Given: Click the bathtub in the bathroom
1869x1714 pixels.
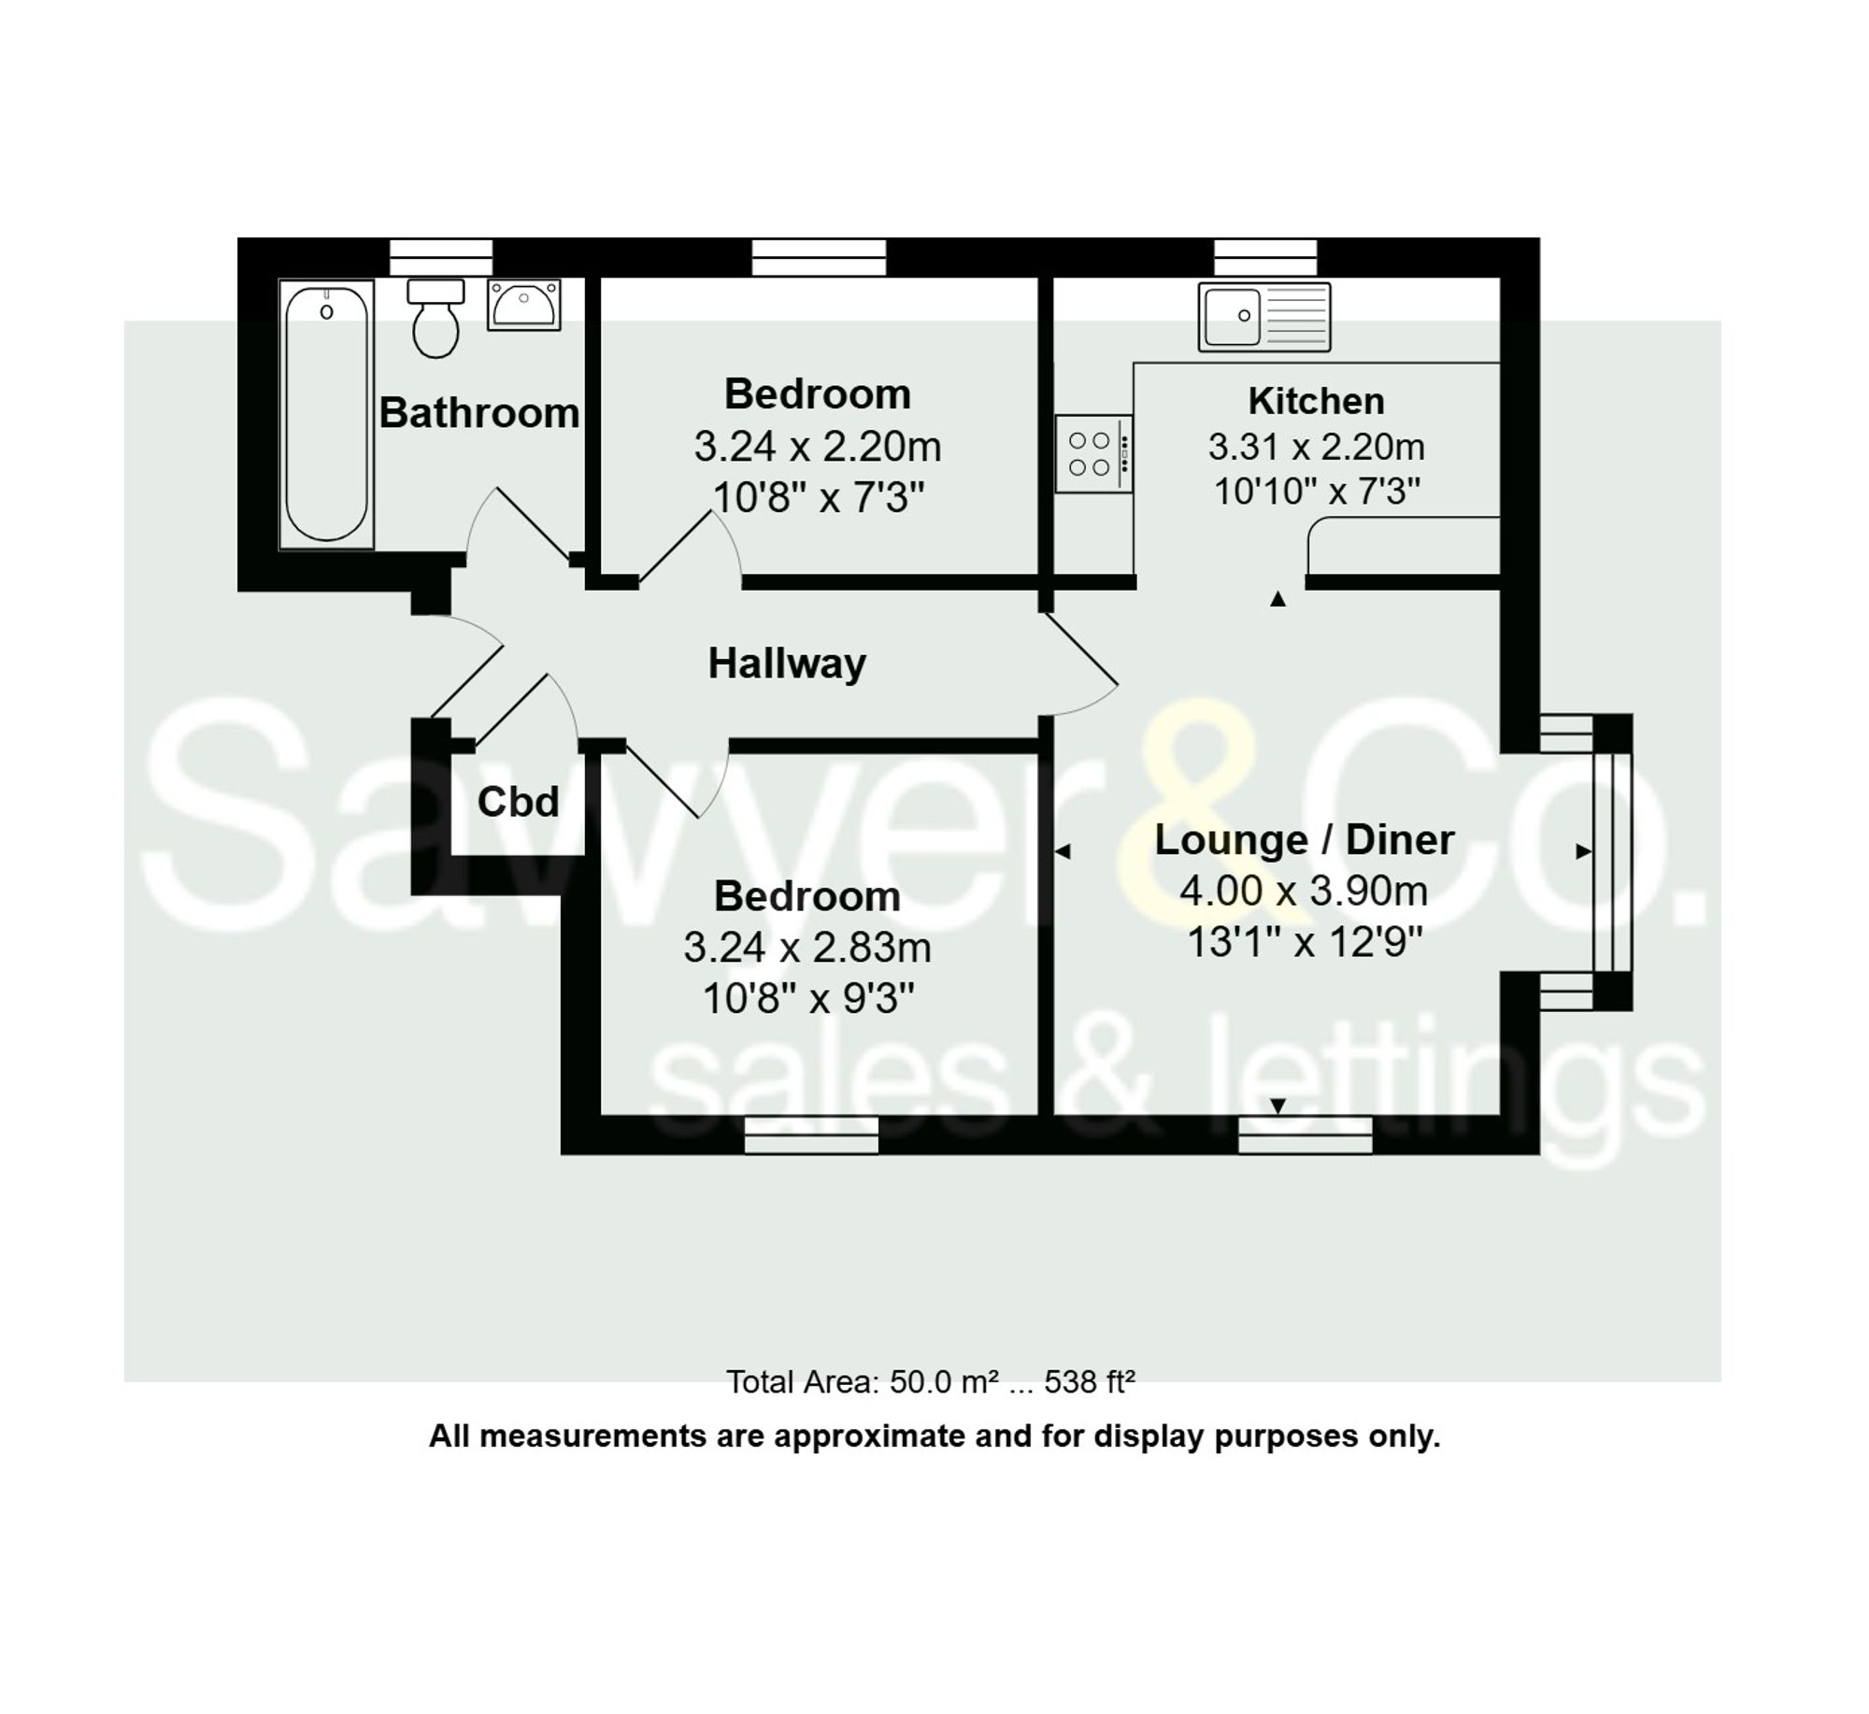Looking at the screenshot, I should [326, 414].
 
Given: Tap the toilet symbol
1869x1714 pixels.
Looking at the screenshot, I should [435, 318].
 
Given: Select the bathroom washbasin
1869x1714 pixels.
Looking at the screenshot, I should [523, 304].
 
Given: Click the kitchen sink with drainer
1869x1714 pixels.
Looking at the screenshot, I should [1264, 317].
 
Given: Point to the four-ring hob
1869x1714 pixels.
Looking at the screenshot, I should [1093, 453].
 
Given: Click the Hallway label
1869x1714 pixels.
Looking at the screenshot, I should [787, 664].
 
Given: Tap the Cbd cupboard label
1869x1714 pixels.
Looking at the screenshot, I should [518, 802].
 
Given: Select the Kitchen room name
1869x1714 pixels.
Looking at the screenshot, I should [1316, 401].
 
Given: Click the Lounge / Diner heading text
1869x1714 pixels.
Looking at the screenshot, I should [1304, 839].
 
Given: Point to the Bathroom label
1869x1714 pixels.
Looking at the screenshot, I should [478, 413].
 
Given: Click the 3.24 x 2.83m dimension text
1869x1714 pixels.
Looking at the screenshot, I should [807, 948].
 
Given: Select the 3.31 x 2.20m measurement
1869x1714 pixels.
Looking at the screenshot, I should [1316, 447].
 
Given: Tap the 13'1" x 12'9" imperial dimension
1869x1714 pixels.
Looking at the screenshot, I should [1304, 942].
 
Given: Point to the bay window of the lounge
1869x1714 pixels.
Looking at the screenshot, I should [1612, 862].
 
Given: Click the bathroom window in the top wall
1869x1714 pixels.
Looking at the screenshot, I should [440, 256].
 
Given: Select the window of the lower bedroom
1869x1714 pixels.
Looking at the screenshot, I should [811, 1135].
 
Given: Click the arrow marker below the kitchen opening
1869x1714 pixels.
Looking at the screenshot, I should [1277, 599].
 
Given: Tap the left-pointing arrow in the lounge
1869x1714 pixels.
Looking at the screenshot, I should [1063, 851].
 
